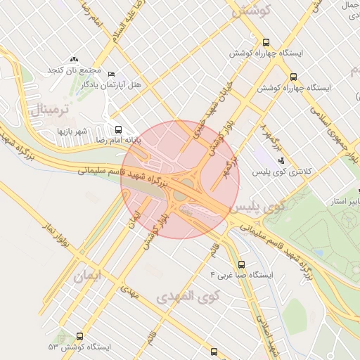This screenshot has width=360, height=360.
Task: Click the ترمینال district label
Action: tap(49, 110)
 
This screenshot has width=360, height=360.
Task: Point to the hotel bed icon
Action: tap(110, 74)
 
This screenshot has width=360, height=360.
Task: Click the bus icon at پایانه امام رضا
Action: tap(118, 129)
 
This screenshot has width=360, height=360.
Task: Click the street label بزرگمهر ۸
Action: tap(270, 136)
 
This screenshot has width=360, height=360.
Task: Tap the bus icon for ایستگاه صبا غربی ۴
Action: tap(242, 265)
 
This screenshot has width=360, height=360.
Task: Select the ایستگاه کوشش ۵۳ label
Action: tap(79, 347)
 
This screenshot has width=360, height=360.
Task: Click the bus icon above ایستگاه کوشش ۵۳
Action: tap(79, 337)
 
